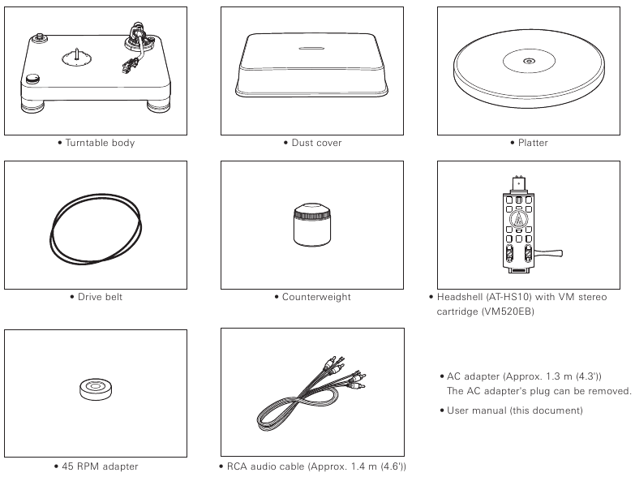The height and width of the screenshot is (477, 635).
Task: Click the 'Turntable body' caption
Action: coord(99,144)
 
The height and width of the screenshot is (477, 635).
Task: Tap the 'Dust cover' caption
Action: coord(315,144)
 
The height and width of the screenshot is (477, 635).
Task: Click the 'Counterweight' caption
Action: coord(315,297)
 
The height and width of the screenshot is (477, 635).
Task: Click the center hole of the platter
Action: coord(529,62)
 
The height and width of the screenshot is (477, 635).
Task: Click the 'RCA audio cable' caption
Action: coord(312,466)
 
